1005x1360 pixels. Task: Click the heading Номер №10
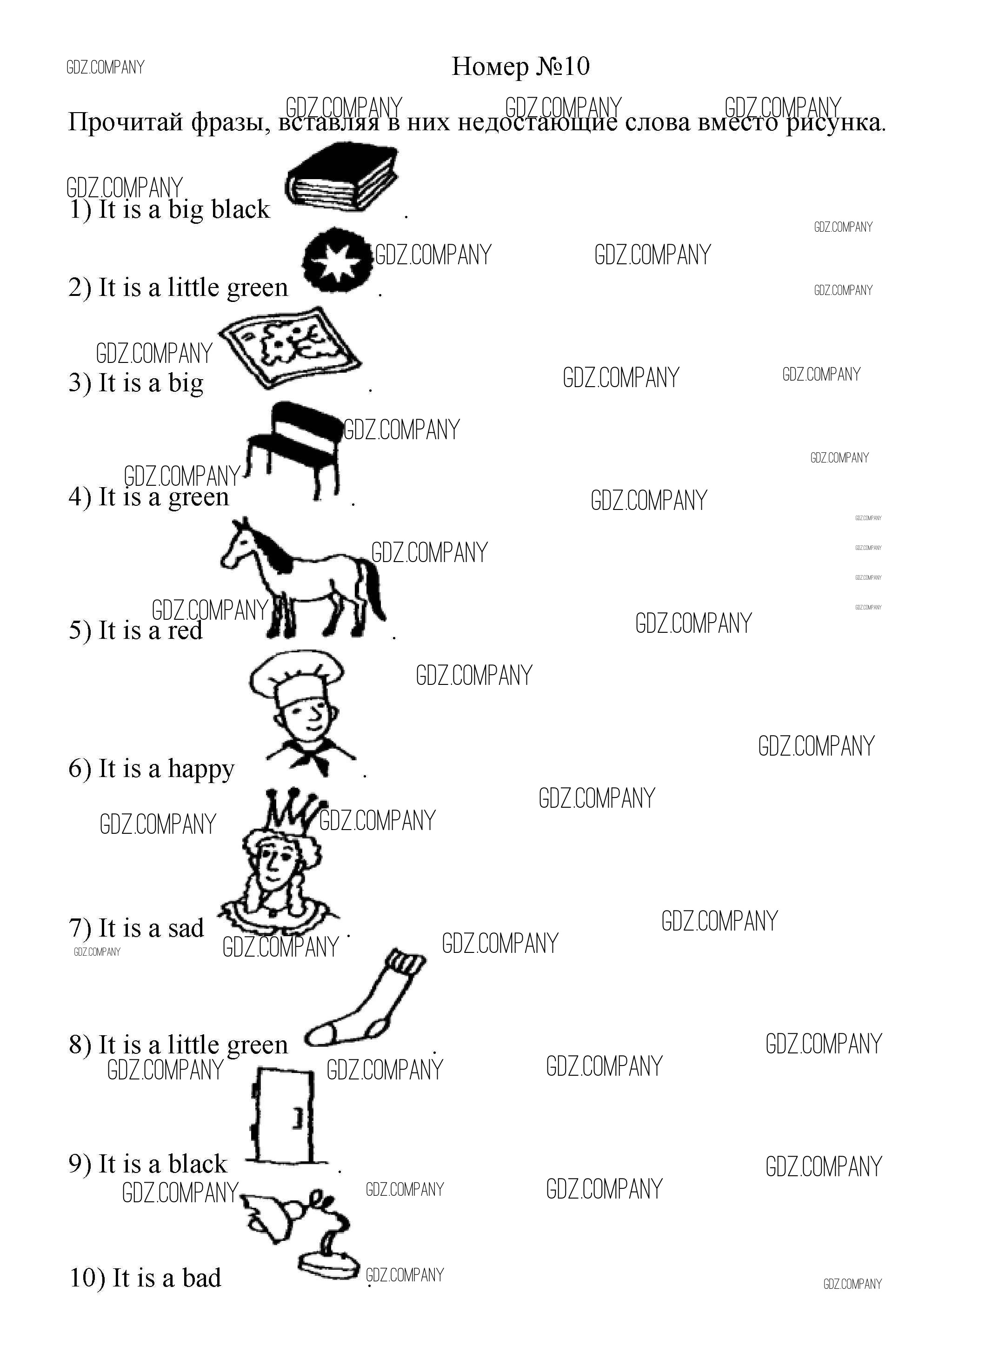coord(521,67)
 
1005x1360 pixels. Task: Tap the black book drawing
coord(342,178)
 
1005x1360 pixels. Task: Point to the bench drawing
coord(296,451)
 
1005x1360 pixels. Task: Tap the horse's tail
coord(373,587)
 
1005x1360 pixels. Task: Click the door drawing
coord(282,1115)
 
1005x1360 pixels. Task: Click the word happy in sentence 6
coord(201,770)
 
